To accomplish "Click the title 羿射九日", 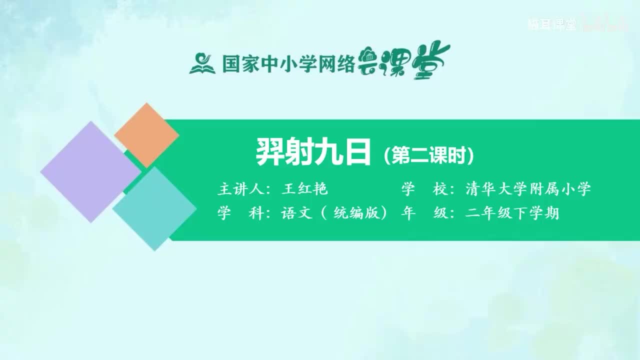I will [x=313, y=153].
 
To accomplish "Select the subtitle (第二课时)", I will [x=428, y=155].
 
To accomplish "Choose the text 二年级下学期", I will [x=511, y=213].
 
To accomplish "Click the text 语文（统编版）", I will [x=334, y=213].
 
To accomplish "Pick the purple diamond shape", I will [x=90, y=171].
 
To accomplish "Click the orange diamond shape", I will [x=146, y=135].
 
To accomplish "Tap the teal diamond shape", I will [x=154, y=208].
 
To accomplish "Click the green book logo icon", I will [x=202, y=63].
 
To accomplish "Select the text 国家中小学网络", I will [x=288, y=64].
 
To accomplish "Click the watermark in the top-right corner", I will [x=576, y=24].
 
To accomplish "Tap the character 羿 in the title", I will [x=270, y=153].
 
